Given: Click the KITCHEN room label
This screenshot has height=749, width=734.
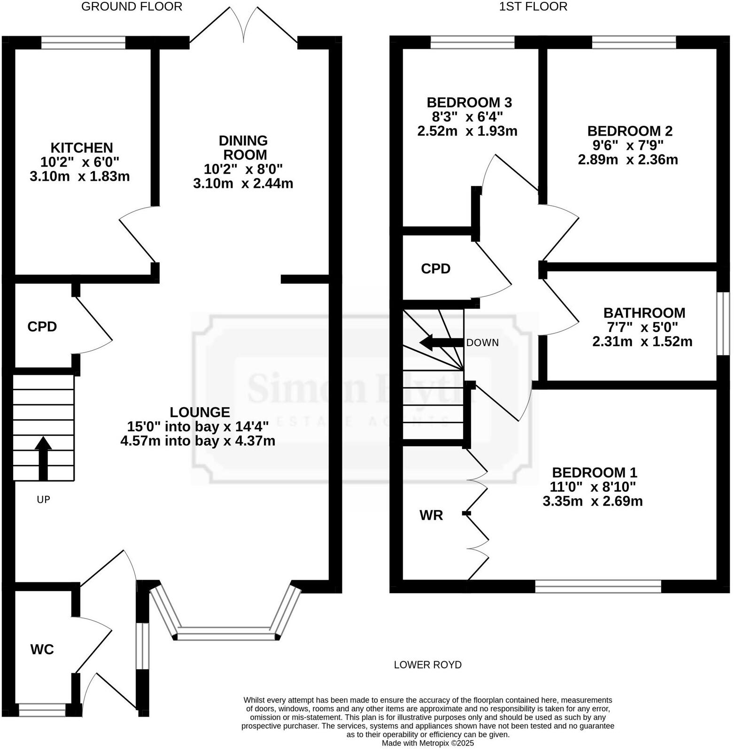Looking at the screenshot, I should point(82,148).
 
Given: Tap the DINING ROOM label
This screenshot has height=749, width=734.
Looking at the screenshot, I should point(243,147).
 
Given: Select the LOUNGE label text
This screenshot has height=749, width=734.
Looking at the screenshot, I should point(200,412).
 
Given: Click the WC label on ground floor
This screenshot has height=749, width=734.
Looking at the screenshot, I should point(42,649).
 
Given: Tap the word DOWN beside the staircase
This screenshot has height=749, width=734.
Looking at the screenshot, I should point(482,343).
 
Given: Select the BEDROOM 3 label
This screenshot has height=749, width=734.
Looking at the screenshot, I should point(469,102).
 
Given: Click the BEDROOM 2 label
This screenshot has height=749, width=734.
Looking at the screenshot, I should point(630,131).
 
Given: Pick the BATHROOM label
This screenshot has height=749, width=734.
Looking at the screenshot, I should point(644,313).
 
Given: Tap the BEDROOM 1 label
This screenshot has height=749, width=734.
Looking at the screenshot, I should point(594,472).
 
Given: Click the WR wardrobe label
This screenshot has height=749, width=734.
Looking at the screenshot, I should point(431,516).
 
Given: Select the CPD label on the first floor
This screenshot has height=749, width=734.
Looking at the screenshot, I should point(435,269).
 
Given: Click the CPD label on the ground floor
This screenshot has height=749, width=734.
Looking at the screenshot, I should point(42,326).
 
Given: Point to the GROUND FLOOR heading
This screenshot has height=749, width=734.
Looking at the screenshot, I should point(131,7).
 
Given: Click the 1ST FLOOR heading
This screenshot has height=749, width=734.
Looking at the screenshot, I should point(533,7).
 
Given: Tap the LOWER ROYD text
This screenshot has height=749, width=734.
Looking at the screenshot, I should point(427,664).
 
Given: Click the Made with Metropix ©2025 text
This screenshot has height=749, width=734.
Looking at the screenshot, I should point(427,743).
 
